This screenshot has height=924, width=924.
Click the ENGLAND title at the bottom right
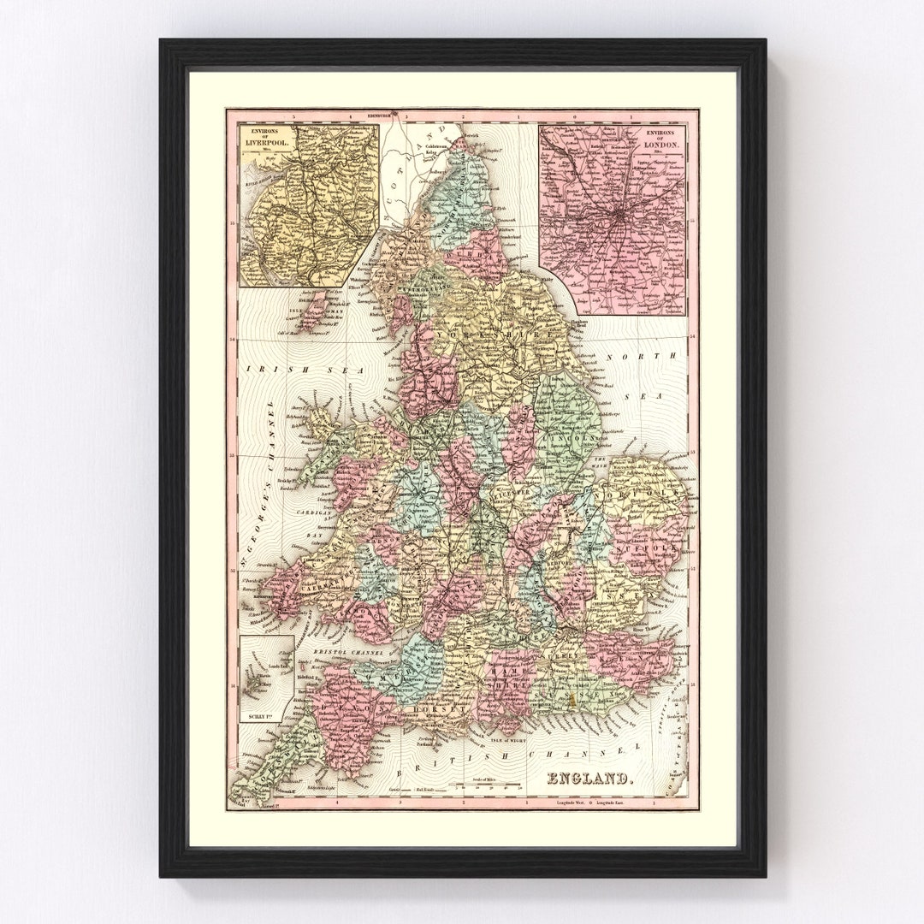coord(590,779)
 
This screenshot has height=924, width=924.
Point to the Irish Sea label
coord(306,370)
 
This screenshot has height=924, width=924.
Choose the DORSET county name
coord(441,709)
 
